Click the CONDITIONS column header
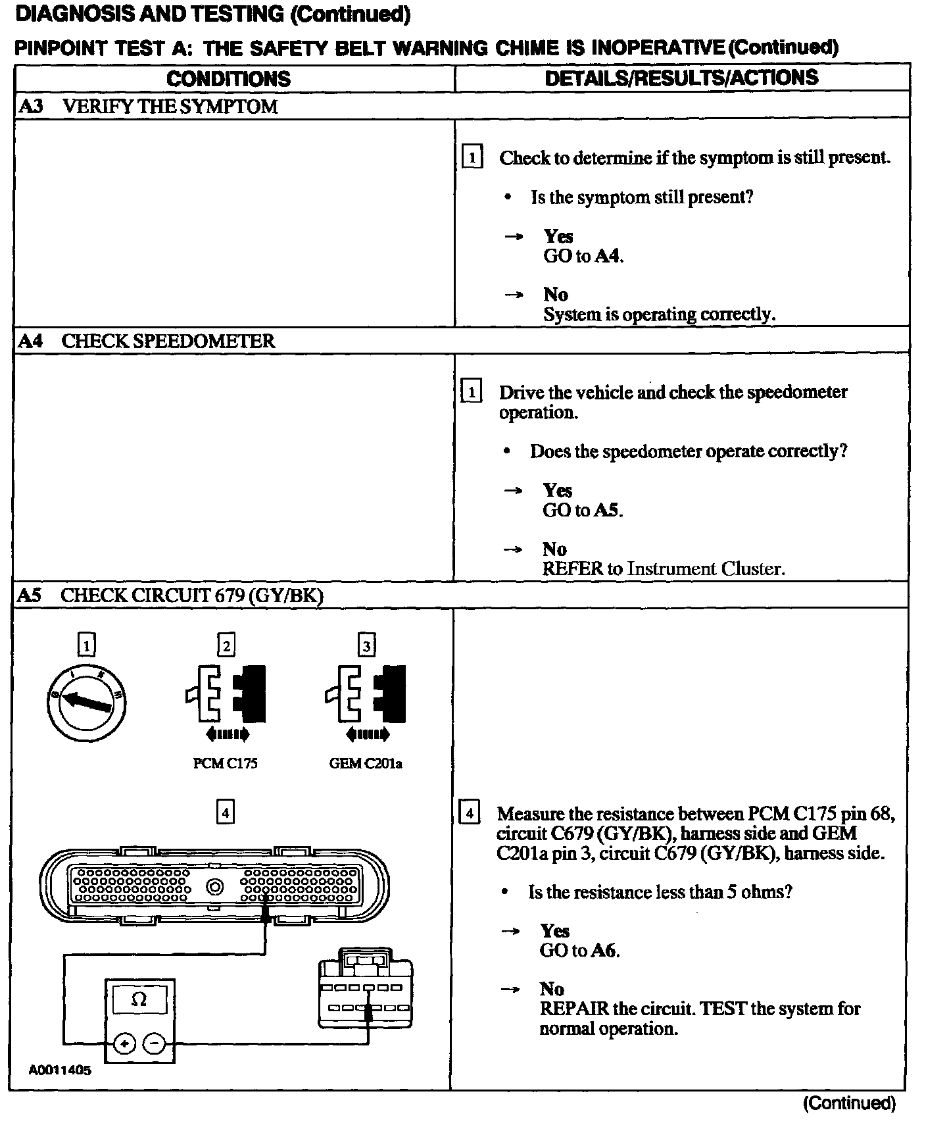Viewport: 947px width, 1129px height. point(228,79)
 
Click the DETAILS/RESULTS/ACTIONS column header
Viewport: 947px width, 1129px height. point(681,78)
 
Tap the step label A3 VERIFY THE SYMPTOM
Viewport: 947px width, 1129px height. point(148,107)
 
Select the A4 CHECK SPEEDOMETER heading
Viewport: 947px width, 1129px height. point(146,341)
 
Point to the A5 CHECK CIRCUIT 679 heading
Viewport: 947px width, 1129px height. point(170,595)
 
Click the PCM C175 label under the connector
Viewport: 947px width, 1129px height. point(225,763)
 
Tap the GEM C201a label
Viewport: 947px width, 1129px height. point(366,763)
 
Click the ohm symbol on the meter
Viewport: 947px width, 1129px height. point(139,999)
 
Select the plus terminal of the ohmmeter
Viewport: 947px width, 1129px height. point(125,1043)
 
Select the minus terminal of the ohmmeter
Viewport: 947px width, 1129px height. point(154,1043)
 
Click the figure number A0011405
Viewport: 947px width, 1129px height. point(60,1070)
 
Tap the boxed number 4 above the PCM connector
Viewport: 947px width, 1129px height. point(226,813)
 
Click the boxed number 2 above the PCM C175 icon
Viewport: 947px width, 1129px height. point(226,645)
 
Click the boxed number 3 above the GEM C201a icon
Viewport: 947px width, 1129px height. point(366,645)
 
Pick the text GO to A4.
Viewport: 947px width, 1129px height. point(583,256)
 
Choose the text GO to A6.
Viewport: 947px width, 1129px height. point(579,950)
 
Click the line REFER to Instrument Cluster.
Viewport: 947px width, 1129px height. point(663,568)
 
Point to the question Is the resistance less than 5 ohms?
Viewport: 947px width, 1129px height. point(660,892)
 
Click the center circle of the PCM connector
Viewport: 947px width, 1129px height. point(214,888)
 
